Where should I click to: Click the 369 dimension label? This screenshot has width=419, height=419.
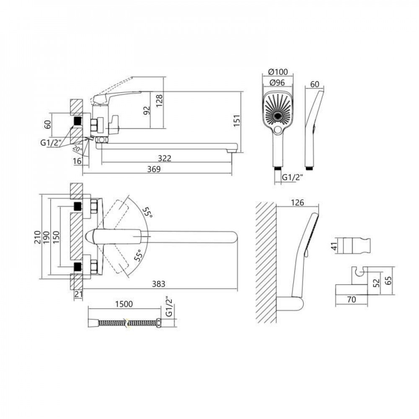[x=154, y=169]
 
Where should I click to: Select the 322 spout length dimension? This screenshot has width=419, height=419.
[x=164, y=158]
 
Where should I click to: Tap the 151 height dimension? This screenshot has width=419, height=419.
[x=237, y=120]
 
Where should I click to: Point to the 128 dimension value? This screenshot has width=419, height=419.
[x=159, y=100]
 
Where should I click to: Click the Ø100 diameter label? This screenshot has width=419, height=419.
[x=278, y=72]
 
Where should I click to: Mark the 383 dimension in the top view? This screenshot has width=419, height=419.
[x=158, y=284]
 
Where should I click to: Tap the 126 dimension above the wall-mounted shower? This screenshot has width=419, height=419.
[x=297, y=202]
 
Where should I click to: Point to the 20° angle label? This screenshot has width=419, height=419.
[x=77, y=149]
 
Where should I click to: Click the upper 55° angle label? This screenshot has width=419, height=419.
[x=147, y=212]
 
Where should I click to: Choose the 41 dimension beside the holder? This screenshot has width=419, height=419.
[x=334, y=246]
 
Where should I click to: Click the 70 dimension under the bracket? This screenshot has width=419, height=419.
[x=352, y=299]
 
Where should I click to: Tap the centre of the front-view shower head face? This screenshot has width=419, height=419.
[x=278, y=116]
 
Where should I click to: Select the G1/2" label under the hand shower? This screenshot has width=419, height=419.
[x=292, y=177]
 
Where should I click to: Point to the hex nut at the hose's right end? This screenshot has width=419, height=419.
[x=159, y=323]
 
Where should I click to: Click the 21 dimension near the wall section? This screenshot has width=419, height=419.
[x=78, y=294]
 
